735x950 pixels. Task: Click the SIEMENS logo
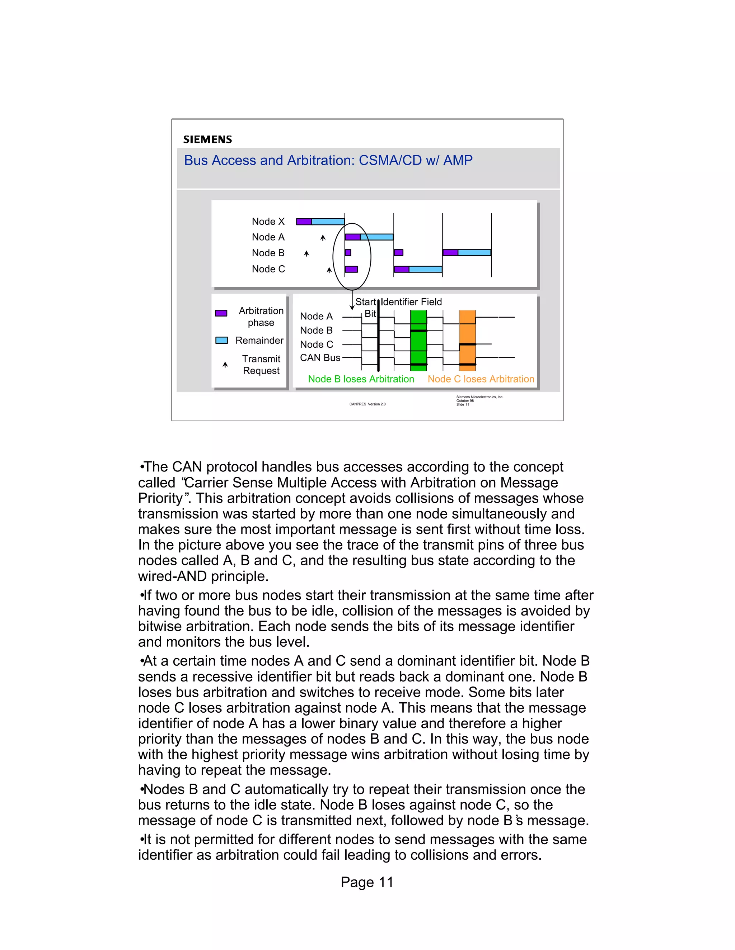(207, 139)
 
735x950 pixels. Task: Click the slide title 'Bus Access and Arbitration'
(328, 161)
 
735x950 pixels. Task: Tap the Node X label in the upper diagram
(268, 222)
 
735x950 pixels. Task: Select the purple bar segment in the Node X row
(304, 222)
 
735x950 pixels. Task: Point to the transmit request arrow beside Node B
(306, 253)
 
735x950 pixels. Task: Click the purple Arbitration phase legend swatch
(221, 313)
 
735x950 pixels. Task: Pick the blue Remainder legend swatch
(222, 340)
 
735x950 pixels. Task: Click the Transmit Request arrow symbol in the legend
(225, 365)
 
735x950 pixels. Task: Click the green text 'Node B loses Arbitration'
(361, 379)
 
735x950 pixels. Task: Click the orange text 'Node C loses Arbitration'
(481, 379)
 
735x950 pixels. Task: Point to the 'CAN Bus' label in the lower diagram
(320, 357)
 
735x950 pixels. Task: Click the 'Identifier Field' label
(412, 302)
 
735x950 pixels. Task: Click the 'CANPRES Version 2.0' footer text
(367, 404)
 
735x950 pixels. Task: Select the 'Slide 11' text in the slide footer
(462, 404)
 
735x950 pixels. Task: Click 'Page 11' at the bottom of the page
(367, 882)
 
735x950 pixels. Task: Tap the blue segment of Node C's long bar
(425, 269)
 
